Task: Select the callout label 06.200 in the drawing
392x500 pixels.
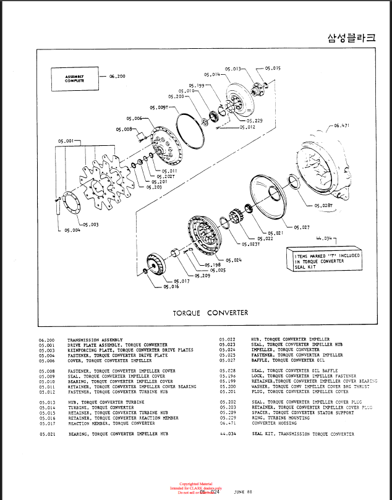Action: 117,77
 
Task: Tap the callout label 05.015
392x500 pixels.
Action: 273,68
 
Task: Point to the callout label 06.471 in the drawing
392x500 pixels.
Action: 342,125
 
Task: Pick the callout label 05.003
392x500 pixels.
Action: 90,225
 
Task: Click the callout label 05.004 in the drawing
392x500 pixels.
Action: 72,231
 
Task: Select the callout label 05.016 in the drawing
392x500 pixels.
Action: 171,287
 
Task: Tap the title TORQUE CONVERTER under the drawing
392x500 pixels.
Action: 210,313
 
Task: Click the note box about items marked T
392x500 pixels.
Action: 328,259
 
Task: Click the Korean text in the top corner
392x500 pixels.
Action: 351,38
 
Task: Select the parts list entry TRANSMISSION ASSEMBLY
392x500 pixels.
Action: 95,340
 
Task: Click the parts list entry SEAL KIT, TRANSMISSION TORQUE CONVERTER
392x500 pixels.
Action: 302,434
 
